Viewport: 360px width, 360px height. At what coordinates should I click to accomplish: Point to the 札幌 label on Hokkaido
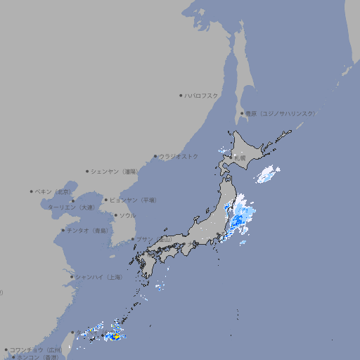(x=240, y=159)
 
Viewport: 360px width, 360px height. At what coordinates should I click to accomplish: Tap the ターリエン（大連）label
(x=71, y=207)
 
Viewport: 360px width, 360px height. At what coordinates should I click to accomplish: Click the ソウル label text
(x=127, y=216)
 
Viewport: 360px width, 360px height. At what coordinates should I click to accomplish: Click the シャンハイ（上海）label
(x=99, y=277)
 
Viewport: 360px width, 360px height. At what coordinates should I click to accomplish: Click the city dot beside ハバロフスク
(x=181, y=95)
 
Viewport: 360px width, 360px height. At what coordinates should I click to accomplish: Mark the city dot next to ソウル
(x=115, y=216)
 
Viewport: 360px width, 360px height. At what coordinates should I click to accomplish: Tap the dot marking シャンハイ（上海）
(x=72, y=277)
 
